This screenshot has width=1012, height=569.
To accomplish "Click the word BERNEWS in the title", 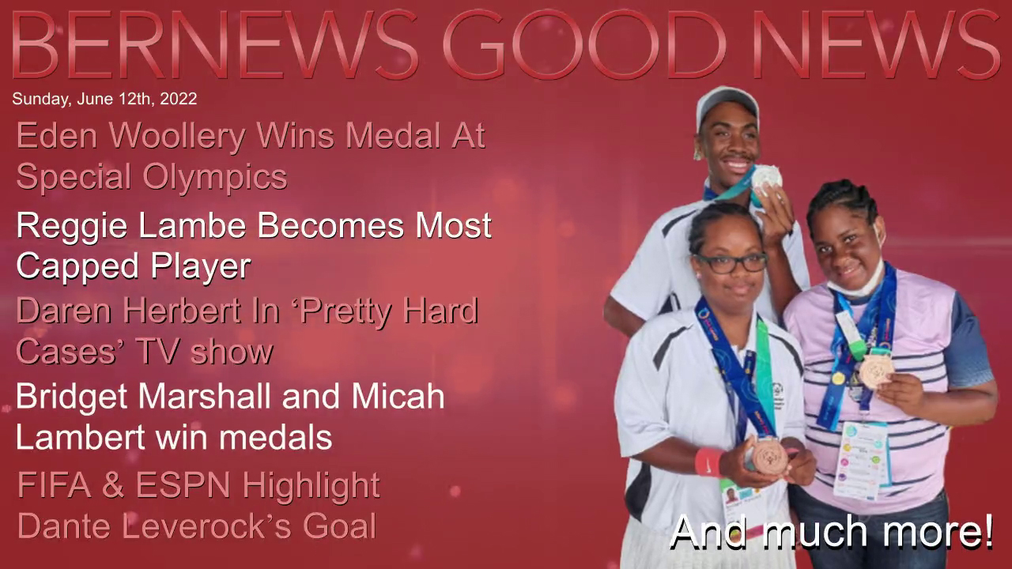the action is pyautogui.click(x=214, y=44).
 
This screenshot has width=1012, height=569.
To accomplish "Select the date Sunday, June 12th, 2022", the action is pyautogui.click(x=104, y=99).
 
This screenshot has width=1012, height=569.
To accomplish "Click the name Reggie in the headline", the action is pyautogui.click(x=72, y=227).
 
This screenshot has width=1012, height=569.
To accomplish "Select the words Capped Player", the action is pyautogui.click(x=134, y=267).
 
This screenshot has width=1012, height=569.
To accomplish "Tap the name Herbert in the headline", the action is pyautogui.click(x=183, y=311).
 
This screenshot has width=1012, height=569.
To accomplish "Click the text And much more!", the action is pyautogui.click(x=831, y=532).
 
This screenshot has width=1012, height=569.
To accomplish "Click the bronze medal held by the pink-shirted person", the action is pyautogui.click(x=877, y=371).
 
